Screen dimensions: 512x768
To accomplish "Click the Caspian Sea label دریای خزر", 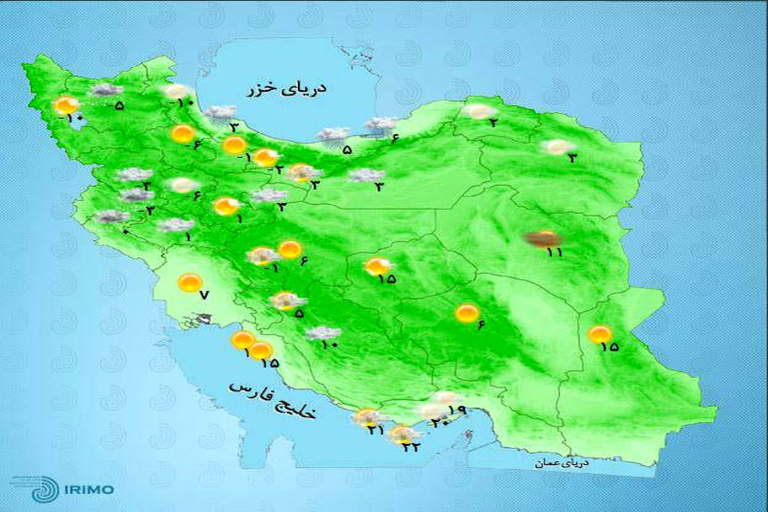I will [286, 90].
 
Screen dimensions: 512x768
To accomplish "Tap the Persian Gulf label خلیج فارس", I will [273, 401].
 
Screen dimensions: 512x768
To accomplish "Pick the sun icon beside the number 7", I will [189, 282].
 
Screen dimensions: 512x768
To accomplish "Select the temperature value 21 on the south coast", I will [376, 431].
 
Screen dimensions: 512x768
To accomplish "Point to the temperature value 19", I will [456, 410].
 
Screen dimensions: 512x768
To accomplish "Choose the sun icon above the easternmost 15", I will [600, 333].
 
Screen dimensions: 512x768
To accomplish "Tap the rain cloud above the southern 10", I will [323, 333].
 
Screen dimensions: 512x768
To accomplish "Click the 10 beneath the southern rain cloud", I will [329, 345].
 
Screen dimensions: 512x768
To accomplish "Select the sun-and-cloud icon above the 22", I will [402, 435].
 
